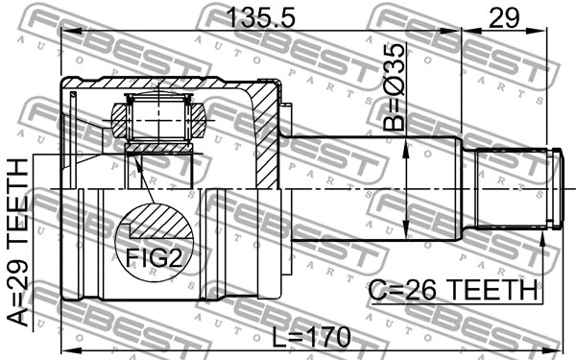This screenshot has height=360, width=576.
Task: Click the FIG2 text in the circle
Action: pyautogui.click(x=154, y=256)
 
